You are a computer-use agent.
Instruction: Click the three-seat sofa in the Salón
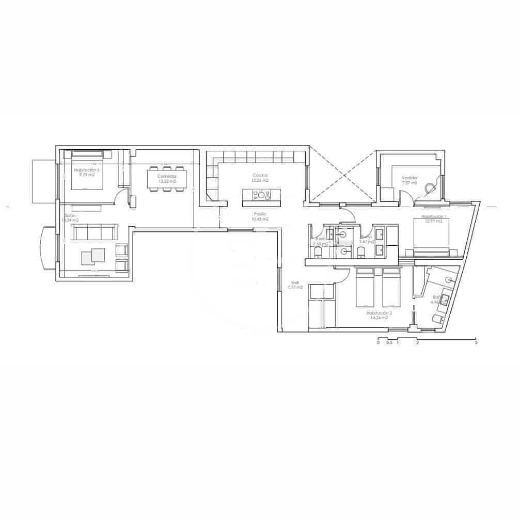94,232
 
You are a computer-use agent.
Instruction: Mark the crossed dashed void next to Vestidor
342,176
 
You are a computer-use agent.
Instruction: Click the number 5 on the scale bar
476,342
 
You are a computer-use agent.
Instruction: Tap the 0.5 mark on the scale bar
389,342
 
